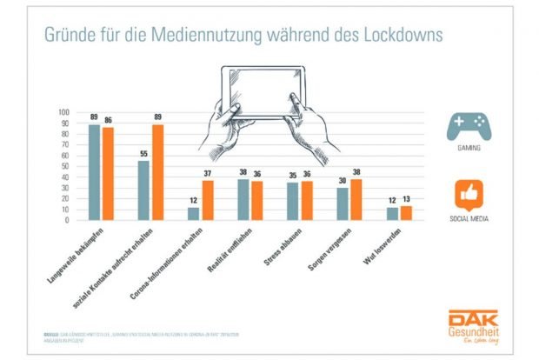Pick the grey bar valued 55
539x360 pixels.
tap(143, 190)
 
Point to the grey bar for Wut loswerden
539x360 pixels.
tap(392, 213)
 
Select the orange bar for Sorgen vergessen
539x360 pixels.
tap(356, 199)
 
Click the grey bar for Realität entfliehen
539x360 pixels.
tap(243, 199)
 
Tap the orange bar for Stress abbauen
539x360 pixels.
tap(306, 200)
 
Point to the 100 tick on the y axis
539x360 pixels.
tap(63, 112)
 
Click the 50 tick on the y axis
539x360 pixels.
tap(65, 166)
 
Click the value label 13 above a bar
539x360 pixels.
tap(405, 200)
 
